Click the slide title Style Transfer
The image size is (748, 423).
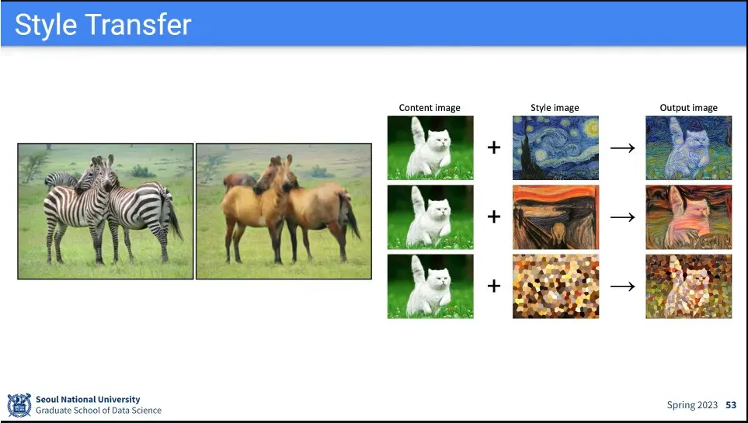tap(103, 25)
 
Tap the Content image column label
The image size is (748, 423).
tap(430, 108)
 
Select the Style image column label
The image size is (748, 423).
tap(555, 108)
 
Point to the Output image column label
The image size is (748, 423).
tap(688, 108)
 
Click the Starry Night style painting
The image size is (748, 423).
tap(555, 147)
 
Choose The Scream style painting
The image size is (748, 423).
tap(555, 217)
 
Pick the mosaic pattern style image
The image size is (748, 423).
tap(555, 286)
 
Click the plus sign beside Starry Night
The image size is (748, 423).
tap(494, 147)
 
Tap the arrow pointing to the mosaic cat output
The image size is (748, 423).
tap(622, 286)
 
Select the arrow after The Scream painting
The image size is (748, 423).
tap(622, 217)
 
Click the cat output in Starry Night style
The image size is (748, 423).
tap(688, 147)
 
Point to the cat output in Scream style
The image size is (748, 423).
tap(688, 217)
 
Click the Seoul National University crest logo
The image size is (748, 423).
tap(19, 405)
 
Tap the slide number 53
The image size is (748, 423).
tap(731, 405)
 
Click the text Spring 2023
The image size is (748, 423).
tap(692, 405)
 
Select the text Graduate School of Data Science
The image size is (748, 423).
tap(99, 410)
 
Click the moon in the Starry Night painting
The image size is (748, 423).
tap(592, 127)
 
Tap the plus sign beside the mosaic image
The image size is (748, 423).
tap(494, 286)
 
